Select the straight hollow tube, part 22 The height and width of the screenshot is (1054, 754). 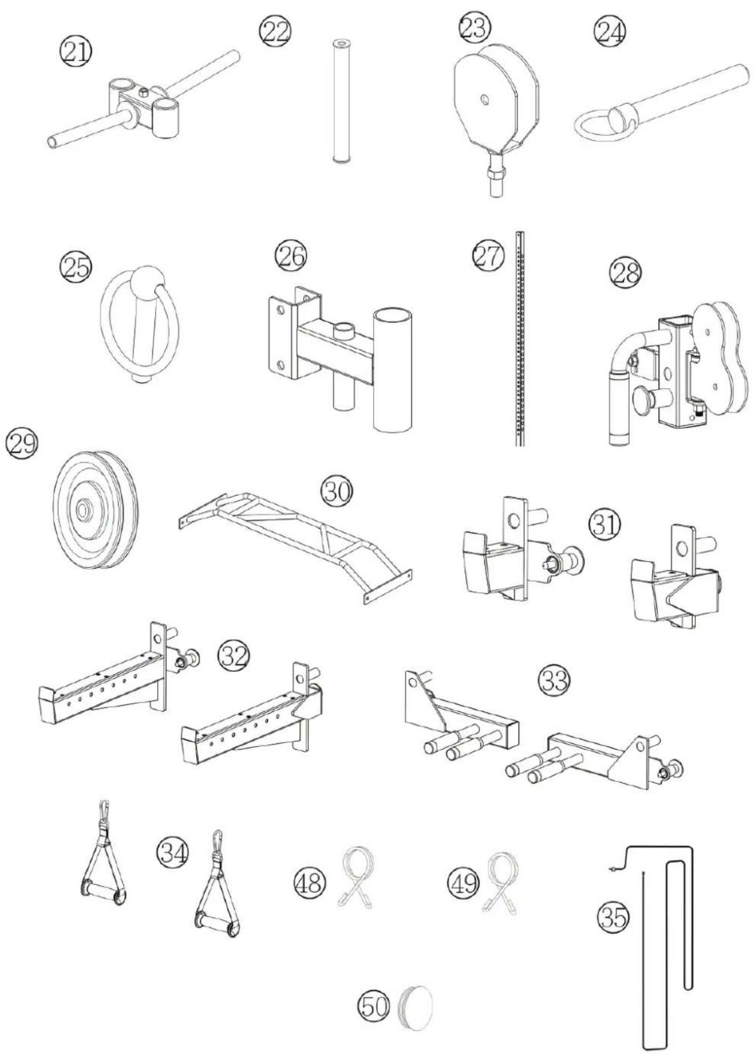point(341,102)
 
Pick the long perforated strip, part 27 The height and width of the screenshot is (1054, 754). point(519,338)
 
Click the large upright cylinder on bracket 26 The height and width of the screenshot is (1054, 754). point(392,368)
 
